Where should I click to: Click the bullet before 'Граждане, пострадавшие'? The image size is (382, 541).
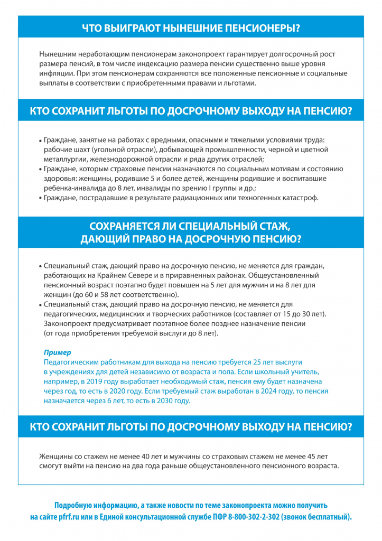[40, 199]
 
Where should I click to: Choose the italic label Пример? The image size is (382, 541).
[57, 352]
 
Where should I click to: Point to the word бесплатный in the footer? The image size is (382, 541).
[328, 516]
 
